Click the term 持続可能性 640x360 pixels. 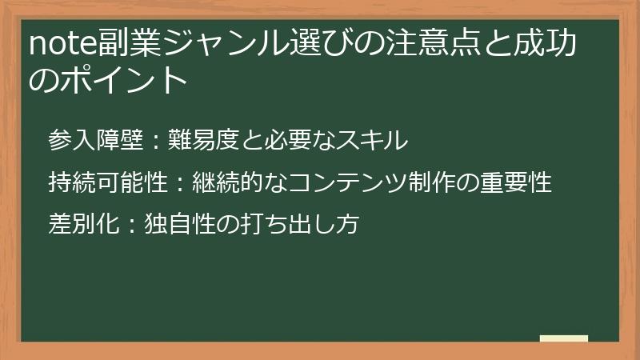(108, 183)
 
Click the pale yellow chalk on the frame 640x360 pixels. (564, 339)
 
